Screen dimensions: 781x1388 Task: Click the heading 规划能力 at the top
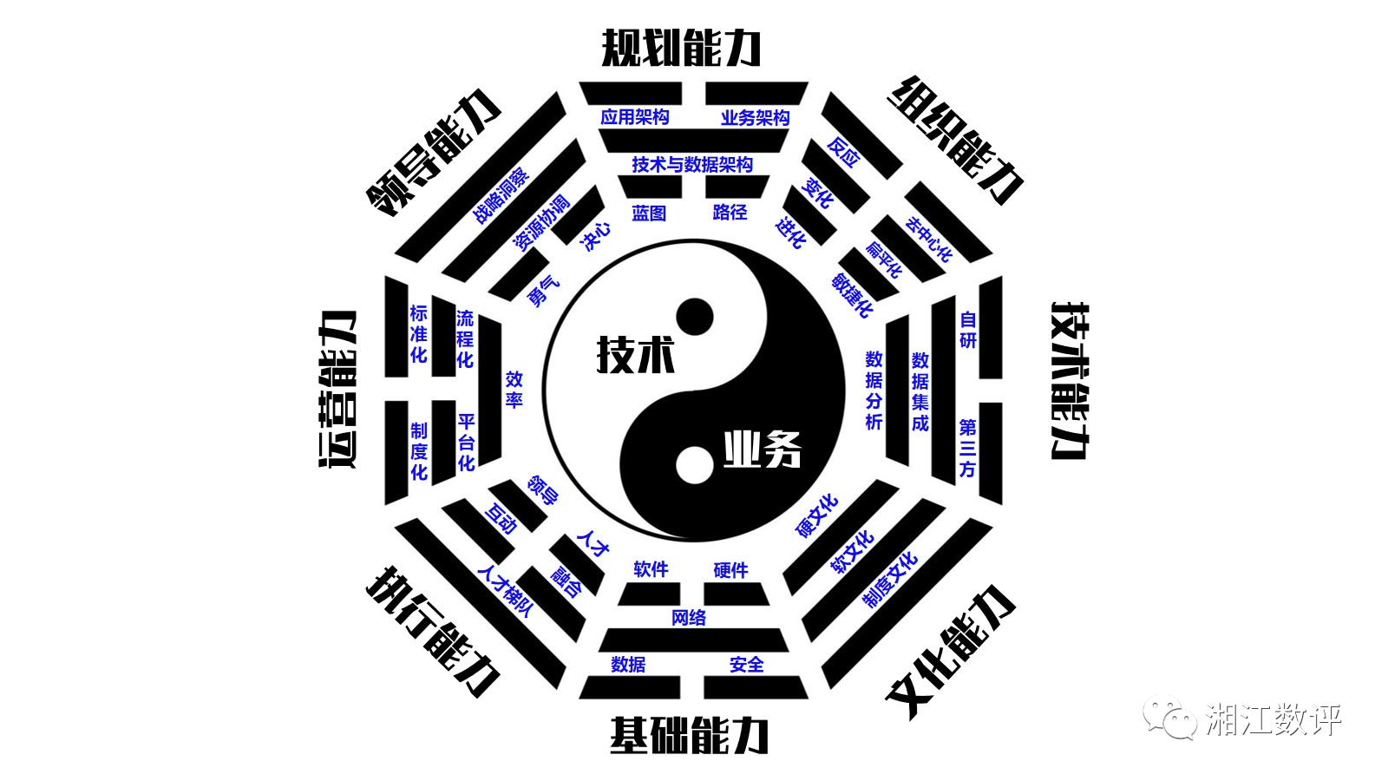coord(681,48)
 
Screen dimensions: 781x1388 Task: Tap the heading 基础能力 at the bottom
coord(689,735)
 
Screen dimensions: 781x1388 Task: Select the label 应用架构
coord(635,117)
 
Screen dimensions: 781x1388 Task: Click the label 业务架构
coord(755,117)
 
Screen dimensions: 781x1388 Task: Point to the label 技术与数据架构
coord(692,164)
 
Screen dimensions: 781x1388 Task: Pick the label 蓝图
coord(649,213)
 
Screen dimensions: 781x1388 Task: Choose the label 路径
coord(730,212)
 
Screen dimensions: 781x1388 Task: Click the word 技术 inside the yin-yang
coord(636,354)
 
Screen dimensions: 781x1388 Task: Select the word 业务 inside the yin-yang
coord(763,449)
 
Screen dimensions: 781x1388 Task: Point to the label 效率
coord(514,390)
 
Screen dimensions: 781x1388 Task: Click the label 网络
coord(689,617)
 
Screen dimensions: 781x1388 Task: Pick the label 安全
coord(747,665)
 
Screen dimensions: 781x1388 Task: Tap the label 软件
coord(651,569)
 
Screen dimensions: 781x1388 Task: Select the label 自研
coord(968,330)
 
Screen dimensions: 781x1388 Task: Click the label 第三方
coord(967,448)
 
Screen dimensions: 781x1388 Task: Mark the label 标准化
coord(419,334)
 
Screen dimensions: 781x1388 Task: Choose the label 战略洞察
coord(501,196)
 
